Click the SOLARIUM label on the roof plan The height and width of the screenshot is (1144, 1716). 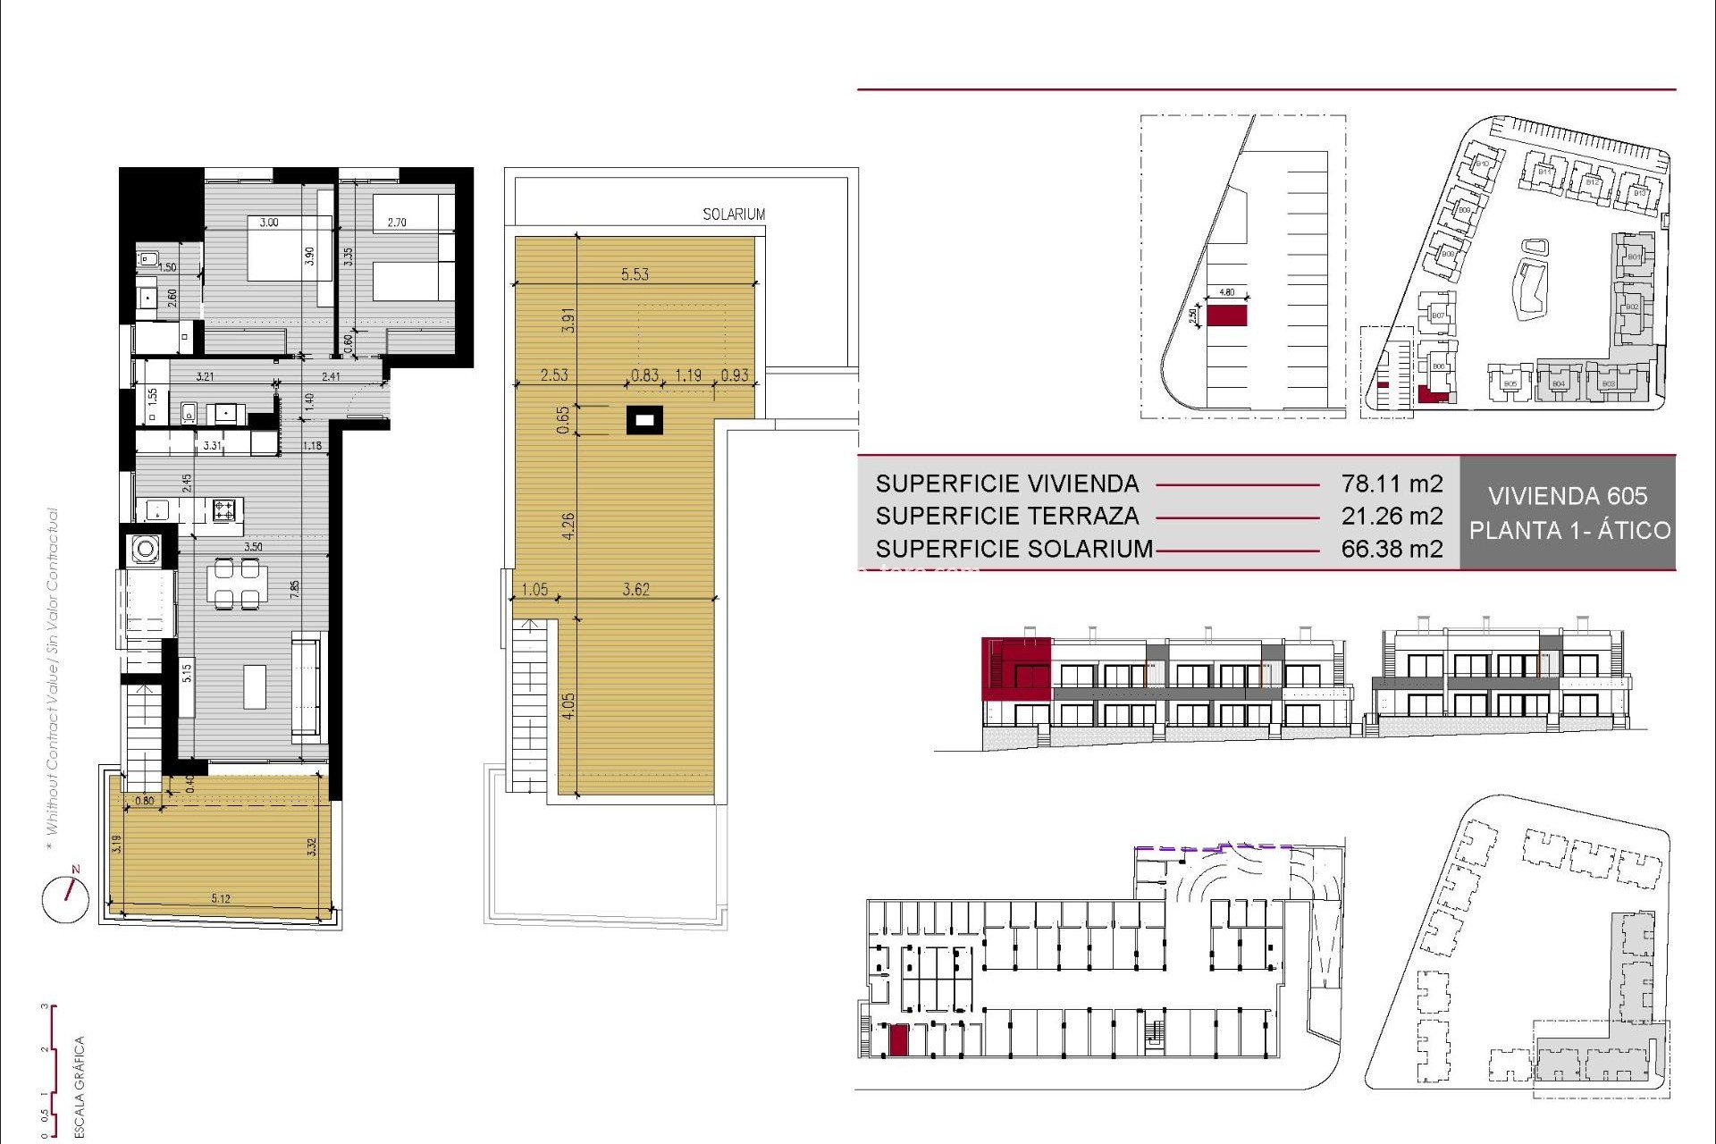click(733, 214)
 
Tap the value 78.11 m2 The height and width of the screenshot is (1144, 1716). click(1392, 484)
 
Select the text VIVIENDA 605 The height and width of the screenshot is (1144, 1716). click(1568, 496)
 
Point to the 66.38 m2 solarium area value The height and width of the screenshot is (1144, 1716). click(1392, 549)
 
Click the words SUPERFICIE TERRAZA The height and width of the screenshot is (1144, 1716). click(1007, 517)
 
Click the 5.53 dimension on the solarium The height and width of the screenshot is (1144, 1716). click(635, 274)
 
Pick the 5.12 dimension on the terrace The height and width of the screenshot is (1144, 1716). click(221, 899)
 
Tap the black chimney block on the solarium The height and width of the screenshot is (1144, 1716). click(644, 419)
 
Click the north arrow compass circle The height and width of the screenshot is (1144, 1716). click(65, 898)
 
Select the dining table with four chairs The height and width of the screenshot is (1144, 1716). click(237, 583)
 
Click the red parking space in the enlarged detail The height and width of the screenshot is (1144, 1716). click(1226, 315)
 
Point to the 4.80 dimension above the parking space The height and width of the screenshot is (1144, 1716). click(1226, 292)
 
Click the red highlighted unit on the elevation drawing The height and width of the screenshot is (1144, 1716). click(1016, 668)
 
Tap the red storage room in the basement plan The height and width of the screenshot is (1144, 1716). click(898, 1040)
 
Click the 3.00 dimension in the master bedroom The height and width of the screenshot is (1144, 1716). click(269, 223)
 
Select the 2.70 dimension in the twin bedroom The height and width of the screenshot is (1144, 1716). click(397, 223)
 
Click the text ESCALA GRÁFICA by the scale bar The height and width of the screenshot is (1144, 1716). click(79, 1086)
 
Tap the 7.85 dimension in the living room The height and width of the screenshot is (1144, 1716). click(294, 590)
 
